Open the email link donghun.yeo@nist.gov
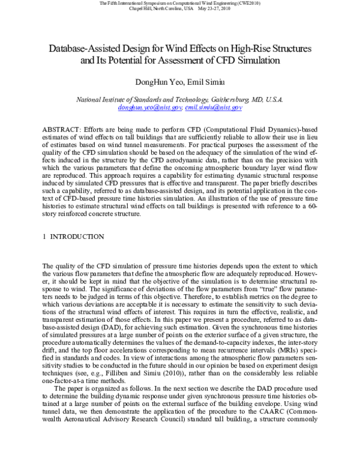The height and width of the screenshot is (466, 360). (141, 107)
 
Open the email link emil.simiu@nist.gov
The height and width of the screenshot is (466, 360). (205, 107)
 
